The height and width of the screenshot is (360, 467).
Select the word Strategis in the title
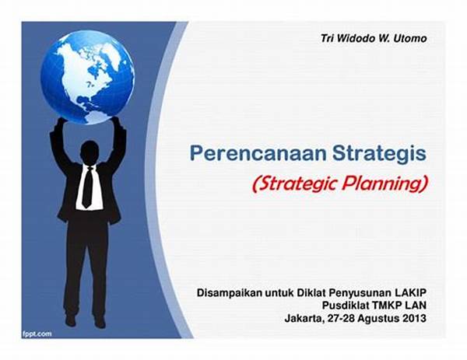point(379,154)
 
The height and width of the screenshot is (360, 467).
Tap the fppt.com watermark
point(37,334)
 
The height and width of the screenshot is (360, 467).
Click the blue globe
point(87,77)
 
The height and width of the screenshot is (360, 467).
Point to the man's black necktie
point(87,187)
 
